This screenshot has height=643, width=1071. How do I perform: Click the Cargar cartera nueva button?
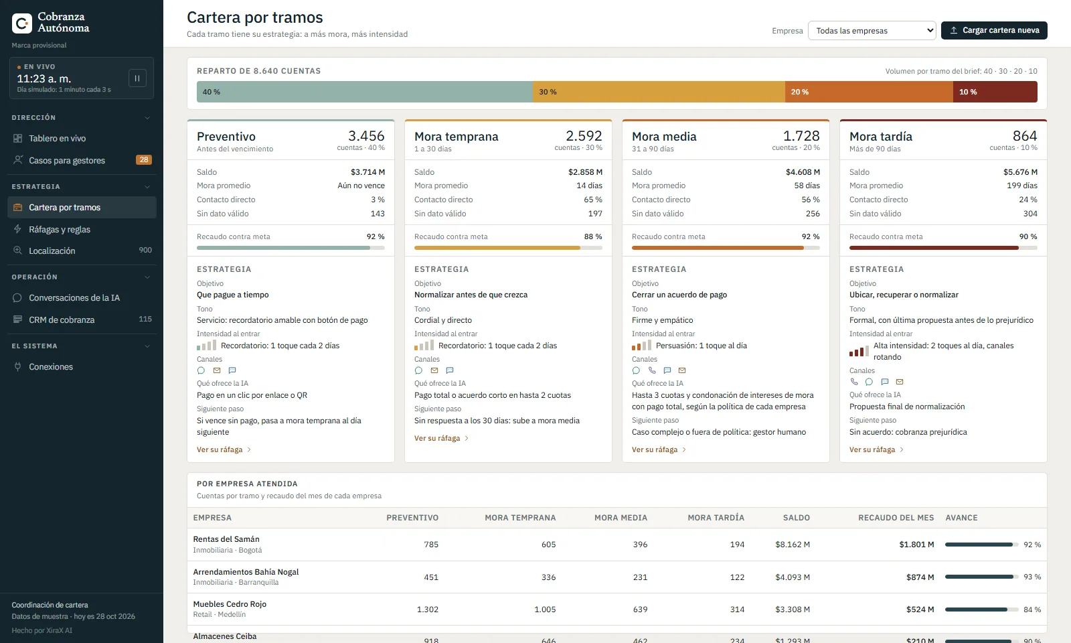tap(994, 30)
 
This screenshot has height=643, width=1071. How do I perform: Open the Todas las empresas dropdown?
tap(872, 31)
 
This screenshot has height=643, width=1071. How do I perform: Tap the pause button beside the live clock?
tap(137, 78)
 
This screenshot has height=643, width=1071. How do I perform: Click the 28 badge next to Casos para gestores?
tap(144, 160)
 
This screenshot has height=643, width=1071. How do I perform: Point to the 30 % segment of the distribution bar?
tap(659, 92)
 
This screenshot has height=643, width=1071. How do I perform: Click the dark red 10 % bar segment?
tap(995, 92)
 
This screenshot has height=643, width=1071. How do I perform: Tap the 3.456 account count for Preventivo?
tap(366, 136)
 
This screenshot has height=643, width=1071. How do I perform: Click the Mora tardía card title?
tap(881, 137)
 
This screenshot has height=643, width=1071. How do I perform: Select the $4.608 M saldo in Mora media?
tap(803, 171)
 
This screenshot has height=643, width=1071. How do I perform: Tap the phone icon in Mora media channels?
tap(652, 370)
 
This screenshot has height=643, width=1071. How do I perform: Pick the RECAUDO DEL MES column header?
tap(896, 518)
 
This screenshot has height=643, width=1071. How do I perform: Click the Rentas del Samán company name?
tap(226, 539)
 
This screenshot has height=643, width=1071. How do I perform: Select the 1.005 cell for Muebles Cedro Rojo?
tap(545, 610)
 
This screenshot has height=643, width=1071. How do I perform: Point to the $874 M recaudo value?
tap(920, 577)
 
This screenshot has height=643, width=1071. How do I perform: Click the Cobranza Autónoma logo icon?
tap(22, 23)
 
